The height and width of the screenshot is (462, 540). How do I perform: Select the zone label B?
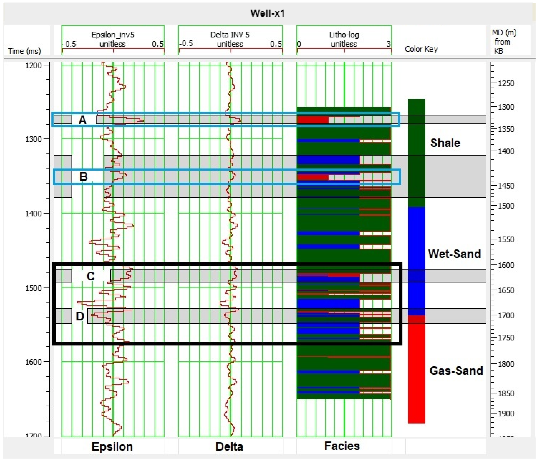[83, 176]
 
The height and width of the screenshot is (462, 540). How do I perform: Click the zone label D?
[80, 316]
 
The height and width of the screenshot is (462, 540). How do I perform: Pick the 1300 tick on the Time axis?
[33, 139]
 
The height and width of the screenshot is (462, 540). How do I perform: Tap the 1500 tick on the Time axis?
[33, 288]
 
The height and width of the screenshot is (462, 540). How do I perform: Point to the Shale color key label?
[445, 143]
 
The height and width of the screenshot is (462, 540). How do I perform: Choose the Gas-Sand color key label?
[456, 371]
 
